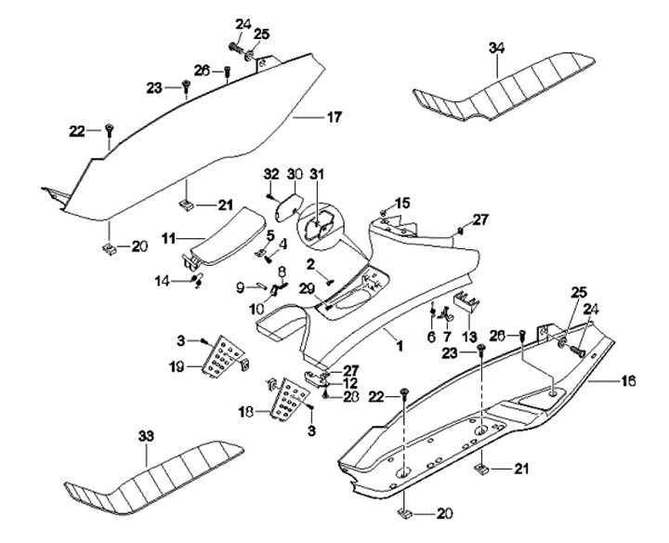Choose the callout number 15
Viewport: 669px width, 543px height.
pyautogui.click(x=402, y=203)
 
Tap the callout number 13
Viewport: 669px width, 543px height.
pyautogui.click(x=467, y=335)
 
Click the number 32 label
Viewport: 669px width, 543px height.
pyautogui.click(x=271, y=174)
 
